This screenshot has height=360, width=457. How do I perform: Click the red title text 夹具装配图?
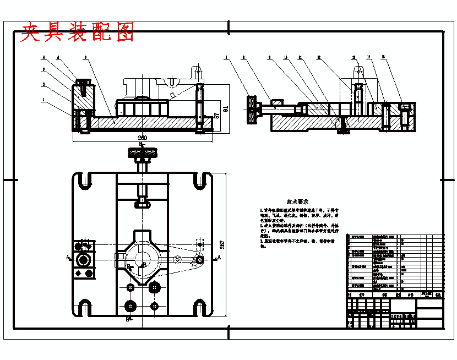(x=77, y=33)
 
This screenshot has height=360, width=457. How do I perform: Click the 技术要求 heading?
(x=297, y=203)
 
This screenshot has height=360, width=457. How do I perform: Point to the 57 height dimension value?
(x=216, y=116)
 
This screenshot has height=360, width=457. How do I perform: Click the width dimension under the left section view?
(x=142, y=137)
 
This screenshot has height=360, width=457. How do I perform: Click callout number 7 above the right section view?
(x=226, y=57)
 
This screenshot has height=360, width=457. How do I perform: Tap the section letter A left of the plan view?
(x=67, y=257)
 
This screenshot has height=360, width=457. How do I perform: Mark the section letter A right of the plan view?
(x=220, y=257)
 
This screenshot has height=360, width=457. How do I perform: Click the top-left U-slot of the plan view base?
(x=84, y=181)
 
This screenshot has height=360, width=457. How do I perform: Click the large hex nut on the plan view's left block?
(x=84, y=259)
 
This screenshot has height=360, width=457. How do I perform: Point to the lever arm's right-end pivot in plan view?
(x=198, y=260)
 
